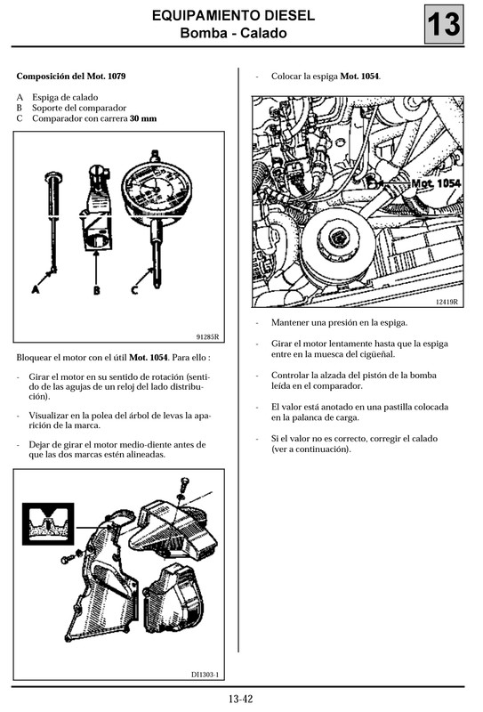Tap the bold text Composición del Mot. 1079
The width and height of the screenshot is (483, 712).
click(71, 77)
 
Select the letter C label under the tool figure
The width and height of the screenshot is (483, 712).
click(134, 289)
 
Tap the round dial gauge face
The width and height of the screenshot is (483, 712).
click(157, 189)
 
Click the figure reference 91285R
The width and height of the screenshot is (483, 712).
click(207, 336)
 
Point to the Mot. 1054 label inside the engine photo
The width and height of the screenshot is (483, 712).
click(435, 183)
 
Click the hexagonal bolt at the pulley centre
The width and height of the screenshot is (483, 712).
click(339, 238)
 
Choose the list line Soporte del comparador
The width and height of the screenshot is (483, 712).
click(75, 107)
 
